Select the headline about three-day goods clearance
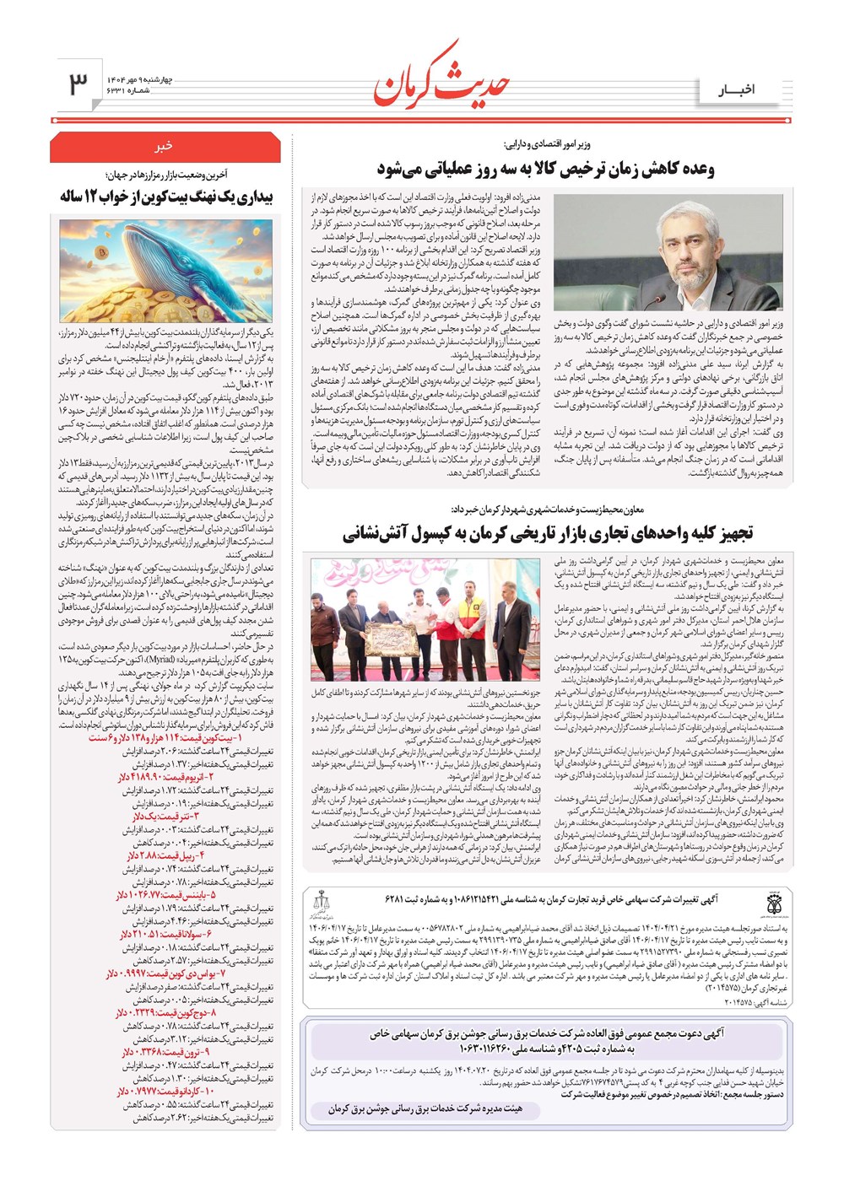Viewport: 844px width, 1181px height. pos(545,169)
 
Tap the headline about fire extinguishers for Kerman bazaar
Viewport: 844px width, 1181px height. pos(548,532)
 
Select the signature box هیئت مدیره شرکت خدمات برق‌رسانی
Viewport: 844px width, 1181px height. pos(425,1109)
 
